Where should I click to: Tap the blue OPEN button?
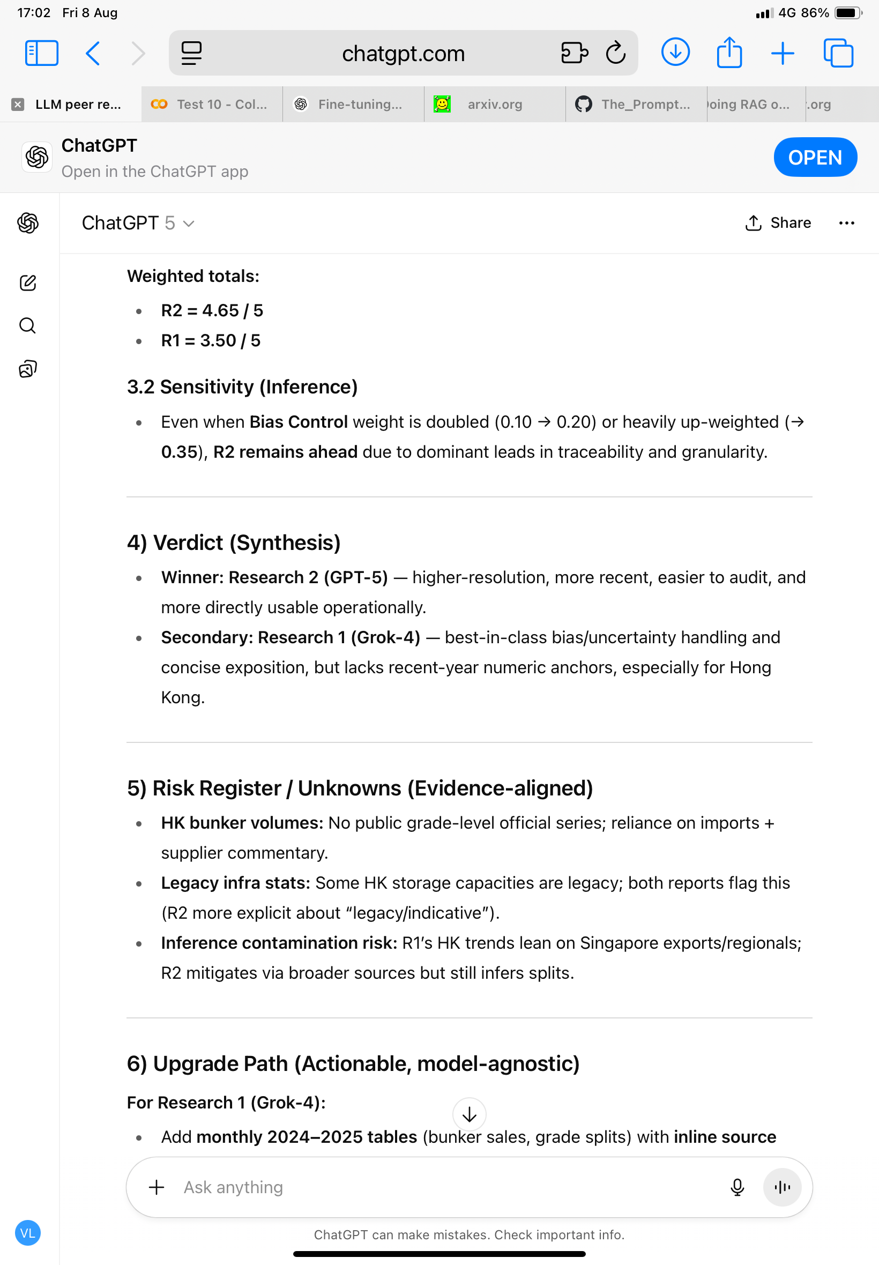point(815,158)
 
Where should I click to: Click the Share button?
point(778,223)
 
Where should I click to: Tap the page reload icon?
point(615,54)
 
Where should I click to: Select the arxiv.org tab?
point(494,104)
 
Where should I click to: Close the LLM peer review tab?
point(18,104)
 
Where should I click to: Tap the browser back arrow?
point(93,54)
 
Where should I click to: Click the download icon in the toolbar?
point(675,53)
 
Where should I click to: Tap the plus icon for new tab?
point(782,54)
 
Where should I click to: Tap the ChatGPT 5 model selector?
point(138,223)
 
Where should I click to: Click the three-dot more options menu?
point(846,223)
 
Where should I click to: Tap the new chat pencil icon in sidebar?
point(27,283)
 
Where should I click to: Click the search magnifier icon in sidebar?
point(27,326)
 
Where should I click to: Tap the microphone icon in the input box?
point(737,1187)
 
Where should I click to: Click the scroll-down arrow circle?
point(469,1115)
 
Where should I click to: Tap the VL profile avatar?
point(27,1233)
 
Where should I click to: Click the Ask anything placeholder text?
point(234,1187)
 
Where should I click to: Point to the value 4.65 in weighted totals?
point(220,310)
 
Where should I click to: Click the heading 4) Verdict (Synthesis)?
point(234,543)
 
